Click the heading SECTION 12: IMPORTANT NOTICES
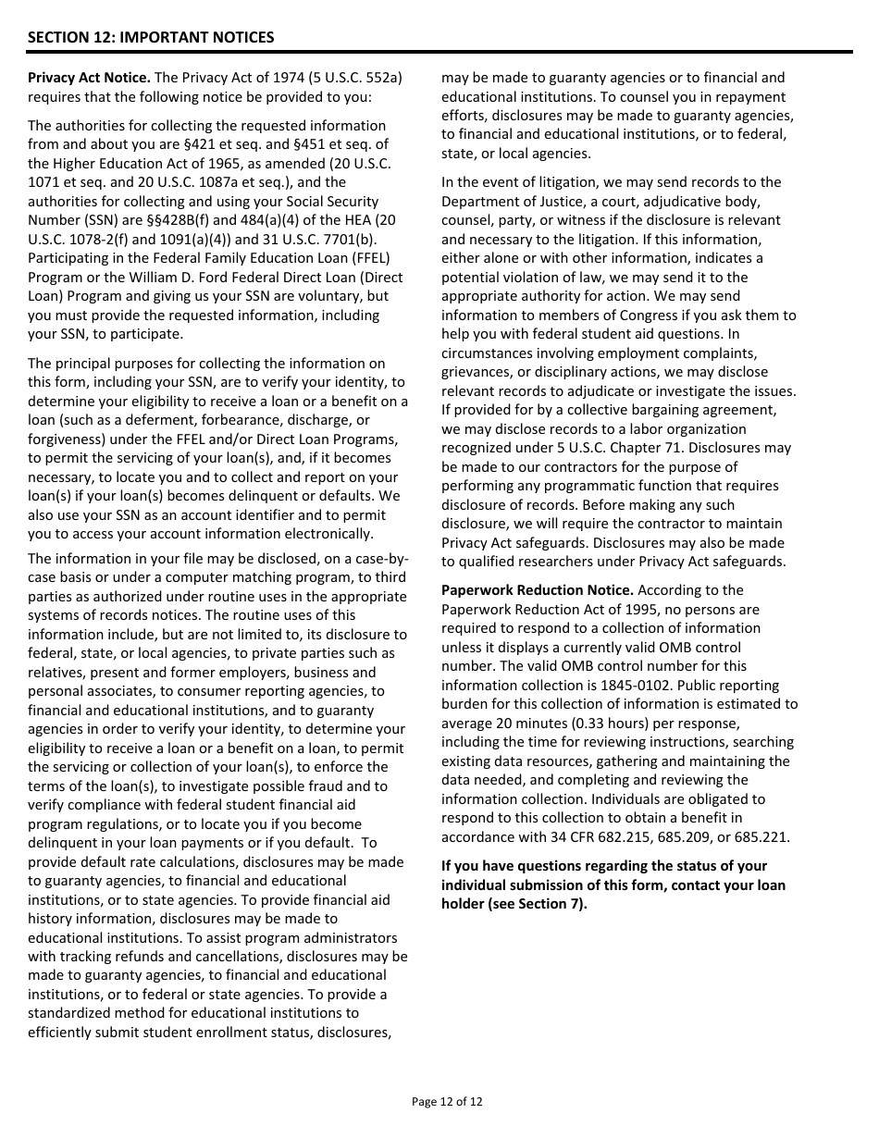[151, 38]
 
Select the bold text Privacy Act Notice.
[89, 78]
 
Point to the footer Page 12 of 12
[447, 1101]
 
